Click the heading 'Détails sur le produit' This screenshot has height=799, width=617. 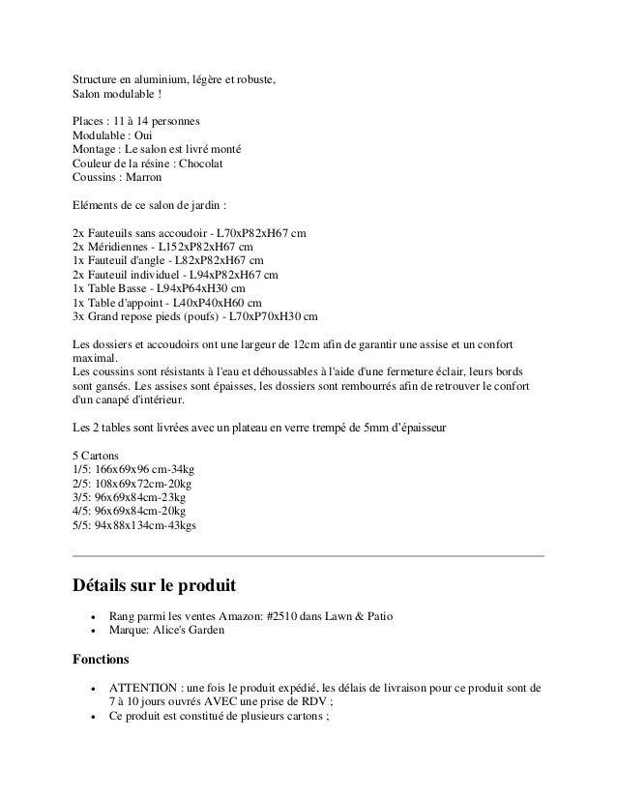[155, 586]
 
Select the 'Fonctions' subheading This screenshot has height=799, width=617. [102, 660]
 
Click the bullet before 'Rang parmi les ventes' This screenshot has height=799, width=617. [92, 617]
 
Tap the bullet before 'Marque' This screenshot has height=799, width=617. [92, 632]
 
